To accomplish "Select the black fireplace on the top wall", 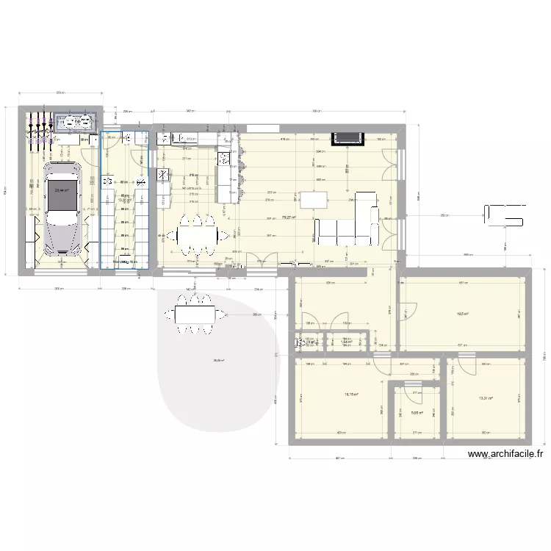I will (x=348, y=138).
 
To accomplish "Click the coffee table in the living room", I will (x=315, y=199).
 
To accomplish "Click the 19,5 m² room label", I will (x=463, y=314).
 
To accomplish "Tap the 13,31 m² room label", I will (x=486, y=399).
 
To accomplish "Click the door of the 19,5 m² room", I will (x=405, y=312).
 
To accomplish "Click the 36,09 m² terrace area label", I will (x=218, y=360).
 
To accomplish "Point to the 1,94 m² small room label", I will (x=346, y=342).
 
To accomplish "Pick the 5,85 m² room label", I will (x=417, y=413).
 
